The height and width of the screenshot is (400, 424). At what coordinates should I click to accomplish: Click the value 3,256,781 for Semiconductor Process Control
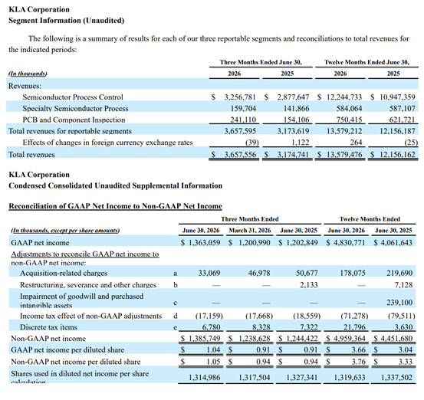[x=240, y=97]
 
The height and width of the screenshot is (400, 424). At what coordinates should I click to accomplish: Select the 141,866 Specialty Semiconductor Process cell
[x=296, y=108]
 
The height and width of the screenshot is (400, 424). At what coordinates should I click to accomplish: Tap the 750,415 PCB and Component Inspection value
[x=349, y=120]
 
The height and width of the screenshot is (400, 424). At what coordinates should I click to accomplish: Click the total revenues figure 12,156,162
[x=397, y=154]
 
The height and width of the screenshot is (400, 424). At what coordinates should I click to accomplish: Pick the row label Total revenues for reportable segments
[x=70, y=131]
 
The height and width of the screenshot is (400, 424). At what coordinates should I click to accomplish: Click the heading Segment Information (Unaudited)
[x=66, y=21]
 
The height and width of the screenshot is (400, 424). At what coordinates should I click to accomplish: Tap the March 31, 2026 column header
[x=250, y=231]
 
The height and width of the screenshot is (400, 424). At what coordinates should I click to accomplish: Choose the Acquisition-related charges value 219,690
[x=399, y=273]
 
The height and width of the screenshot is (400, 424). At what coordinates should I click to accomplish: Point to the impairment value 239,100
[x=399, y=303]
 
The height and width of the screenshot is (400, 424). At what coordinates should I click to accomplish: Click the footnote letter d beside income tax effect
[x=176, y=316]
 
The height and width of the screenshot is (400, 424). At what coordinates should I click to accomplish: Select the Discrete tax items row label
[x=48, y=327]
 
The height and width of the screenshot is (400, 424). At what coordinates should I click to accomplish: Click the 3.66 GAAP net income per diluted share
[x=359, y=349]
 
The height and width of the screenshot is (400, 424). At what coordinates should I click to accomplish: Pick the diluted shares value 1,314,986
[x=205, y=377]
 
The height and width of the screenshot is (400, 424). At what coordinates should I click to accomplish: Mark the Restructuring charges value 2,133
[x=309, y=285]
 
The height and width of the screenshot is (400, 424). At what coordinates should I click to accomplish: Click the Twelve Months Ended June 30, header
[x=366, y=62]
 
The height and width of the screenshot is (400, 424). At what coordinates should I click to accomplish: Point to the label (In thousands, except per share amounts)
[x=65, y=231]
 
